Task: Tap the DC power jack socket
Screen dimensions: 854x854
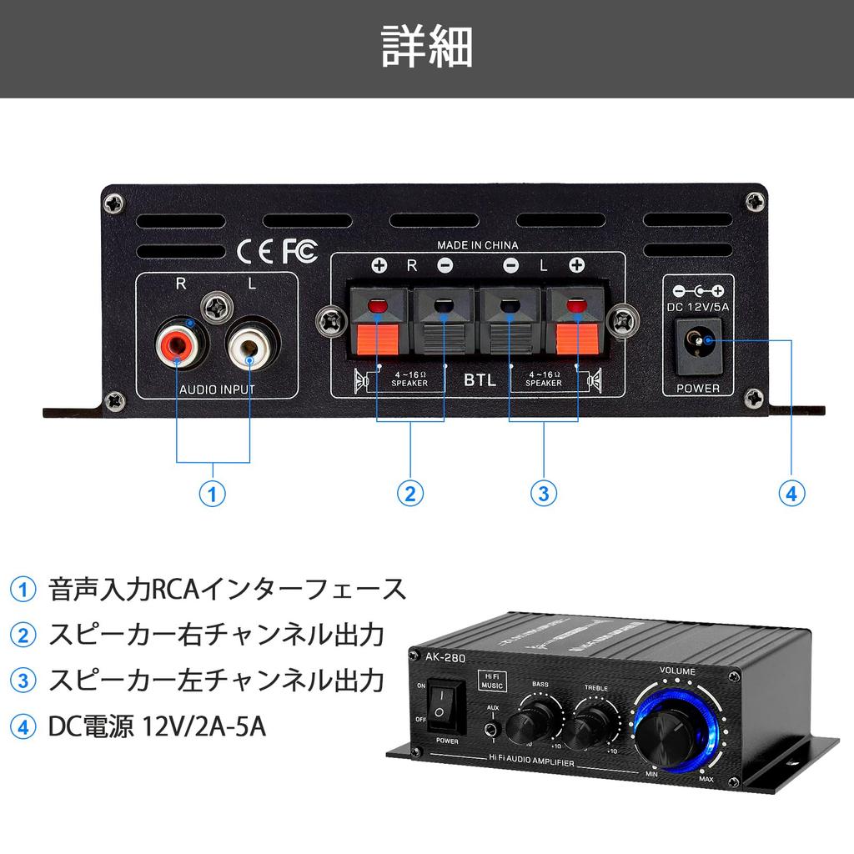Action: point(697,342)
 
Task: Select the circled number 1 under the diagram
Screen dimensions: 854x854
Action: point(213,494)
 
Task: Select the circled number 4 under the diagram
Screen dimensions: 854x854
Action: point(791,494)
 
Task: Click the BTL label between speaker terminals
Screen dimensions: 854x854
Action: point(480,380)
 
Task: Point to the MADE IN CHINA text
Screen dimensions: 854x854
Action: point(478,245)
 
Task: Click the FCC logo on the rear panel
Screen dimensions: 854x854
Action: point(300,250)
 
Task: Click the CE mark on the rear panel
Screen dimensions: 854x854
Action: point(254,250)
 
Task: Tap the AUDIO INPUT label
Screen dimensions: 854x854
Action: point(217,389)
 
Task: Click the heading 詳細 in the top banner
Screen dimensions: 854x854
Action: point(427,47)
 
